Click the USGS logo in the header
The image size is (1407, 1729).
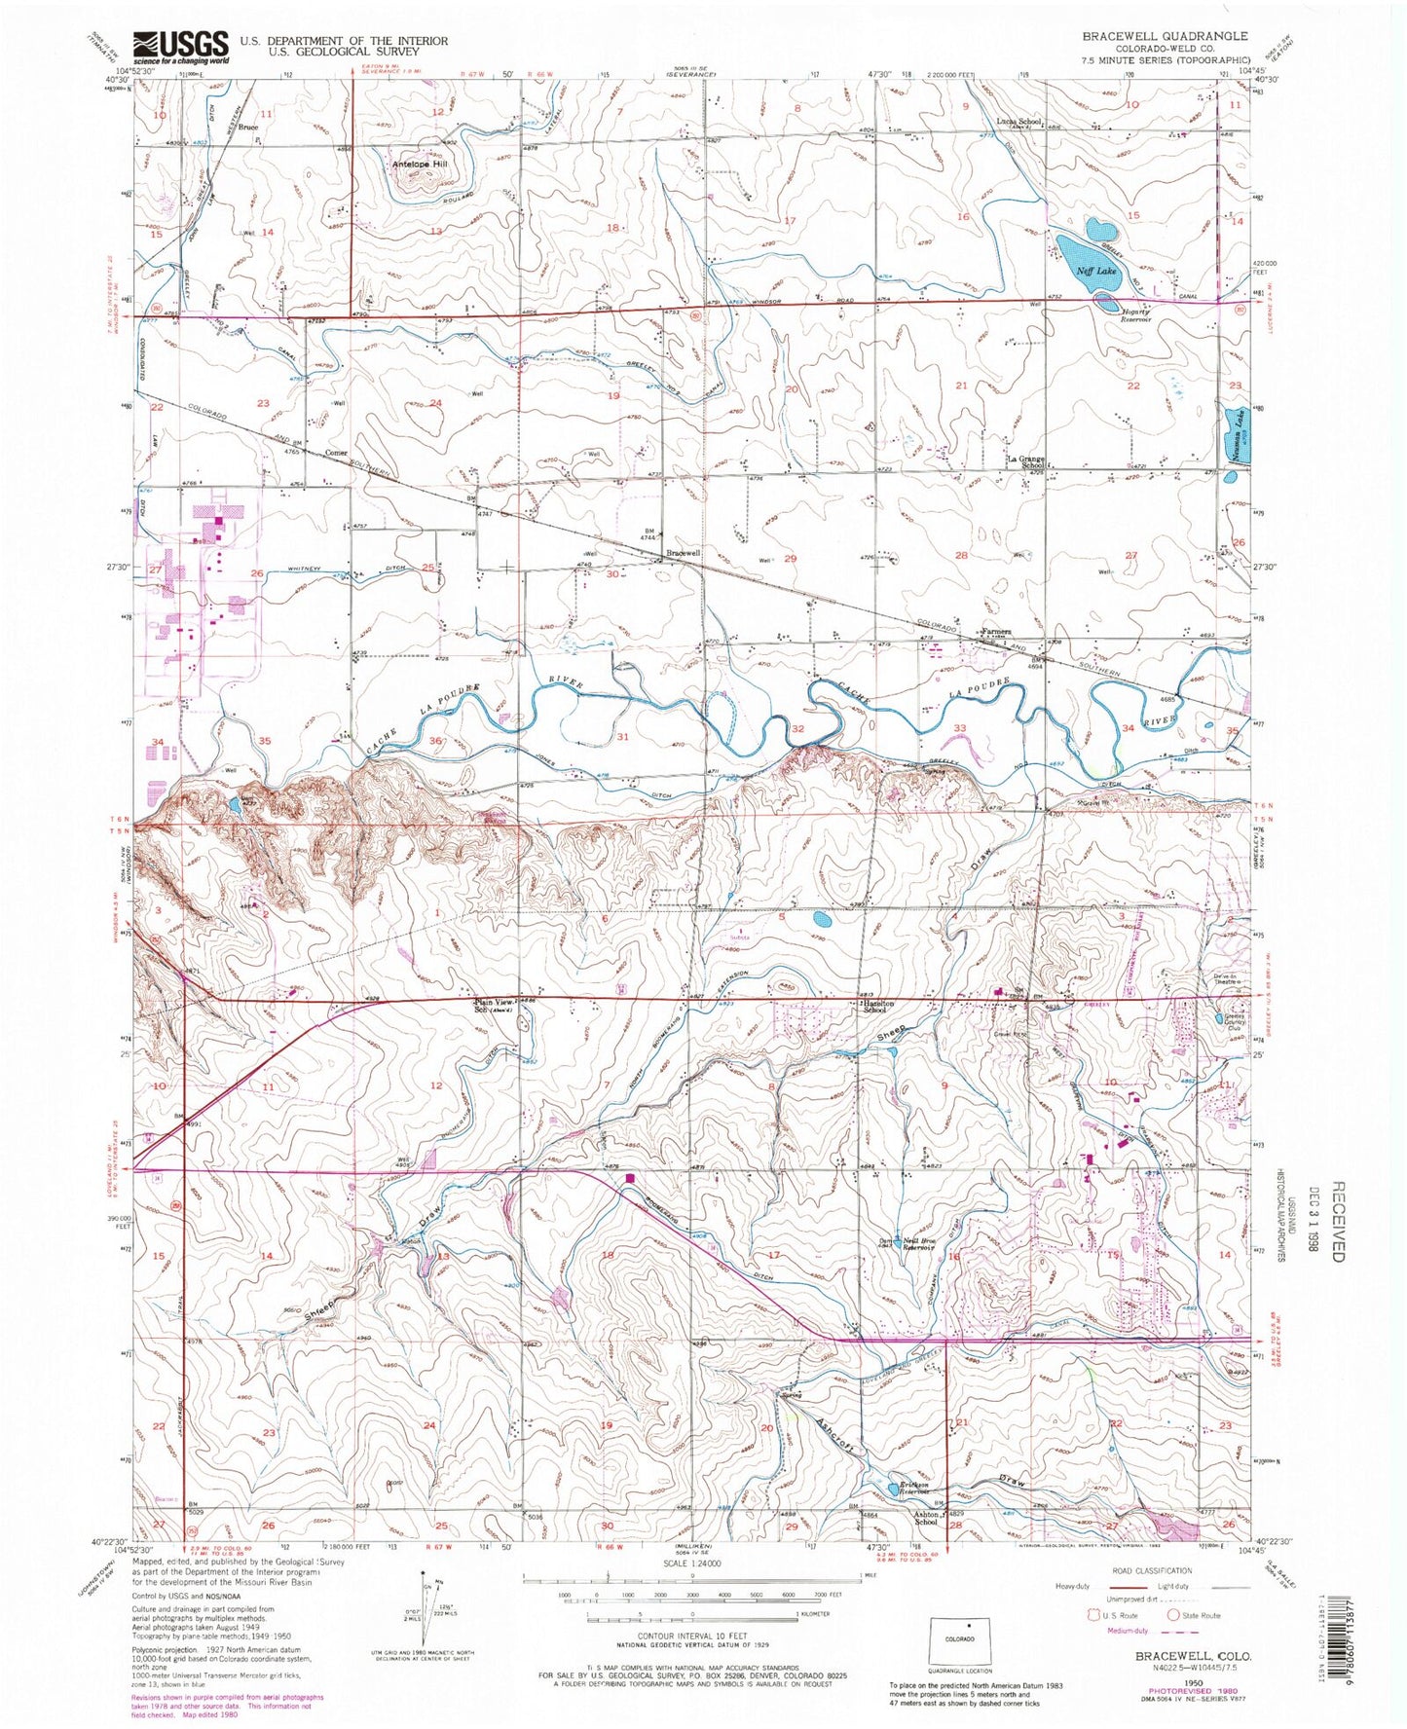pos(181,46)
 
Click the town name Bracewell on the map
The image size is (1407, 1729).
pos(683,553)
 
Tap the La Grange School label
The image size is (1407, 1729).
pos(1025,461)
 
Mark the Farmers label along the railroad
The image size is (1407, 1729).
pos(996,631)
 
